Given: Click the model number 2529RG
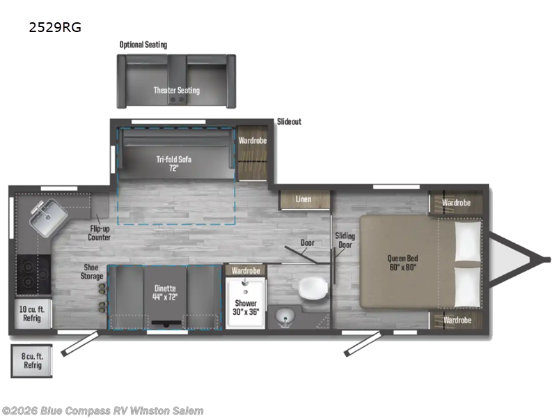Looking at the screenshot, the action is pyautogui.click(x=55, y=27).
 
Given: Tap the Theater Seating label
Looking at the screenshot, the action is pyautogui.click(x=177, y=91).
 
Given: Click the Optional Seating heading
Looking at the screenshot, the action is pyautogui.click(x=143, y=45).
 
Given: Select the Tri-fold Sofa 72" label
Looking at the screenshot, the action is pyautogui.click(x=173, y=164).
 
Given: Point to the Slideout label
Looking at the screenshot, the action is pyautogui.click(x=289, y=121).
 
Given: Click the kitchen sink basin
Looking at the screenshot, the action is pyautogui.click(x=48, y=217).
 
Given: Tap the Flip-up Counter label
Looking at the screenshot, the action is pyautogui.click(x=100, y=233).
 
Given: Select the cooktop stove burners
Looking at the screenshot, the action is pyautogui.click(x=33, y=274).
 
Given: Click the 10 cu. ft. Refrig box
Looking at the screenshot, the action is pyautogui.click(x=33, y=314).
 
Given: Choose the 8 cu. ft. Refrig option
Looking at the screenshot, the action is pyautogui.click(x=32, y=361).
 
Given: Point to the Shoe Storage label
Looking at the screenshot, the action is pyautogui.click(x=92, y=272).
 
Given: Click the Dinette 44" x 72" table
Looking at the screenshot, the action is pyautogui.click(x=165, y=297).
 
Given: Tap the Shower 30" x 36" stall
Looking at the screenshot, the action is pyautogui.click(x=246, y=303).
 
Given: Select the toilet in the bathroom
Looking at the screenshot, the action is pyautogui.click(x=313, y=288).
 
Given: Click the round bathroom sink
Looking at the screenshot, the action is pyautogui.click(x=285, y=316).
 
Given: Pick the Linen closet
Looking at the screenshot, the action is pyautogui.click(x=304, y=199).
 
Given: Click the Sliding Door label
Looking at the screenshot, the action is pyautogui.click(x=345, y=240).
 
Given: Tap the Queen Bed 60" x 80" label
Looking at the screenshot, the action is pyautogui.click(x=402, y=263).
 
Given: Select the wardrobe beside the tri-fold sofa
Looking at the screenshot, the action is pyautogui.click(x=253, y=153).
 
